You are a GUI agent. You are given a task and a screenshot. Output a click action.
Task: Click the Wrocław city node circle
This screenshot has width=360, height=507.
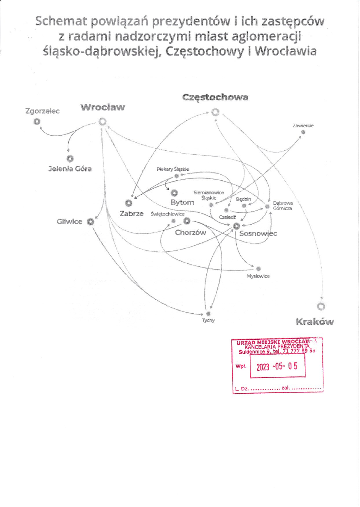point(103,121)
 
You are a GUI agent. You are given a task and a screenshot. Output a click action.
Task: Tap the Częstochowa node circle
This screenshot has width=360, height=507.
point(215,112)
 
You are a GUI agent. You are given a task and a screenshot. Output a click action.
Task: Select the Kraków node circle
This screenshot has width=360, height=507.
point(321,307)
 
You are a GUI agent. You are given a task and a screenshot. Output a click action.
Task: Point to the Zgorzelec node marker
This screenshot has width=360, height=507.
point(37,122)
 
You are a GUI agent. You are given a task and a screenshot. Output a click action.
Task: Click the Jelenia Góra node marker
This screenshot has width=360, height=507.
point(70,159)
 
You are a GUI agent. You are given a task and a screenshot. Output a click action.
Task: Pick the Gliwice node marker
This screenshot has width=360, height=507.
point(91,221)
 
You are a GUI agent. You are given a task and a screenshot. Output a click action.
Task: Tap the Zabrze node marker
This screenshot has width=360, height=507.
point(129,203)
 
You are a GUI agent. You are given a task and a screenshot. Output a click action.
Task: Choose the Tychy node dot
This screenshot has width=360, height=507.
point(208,313)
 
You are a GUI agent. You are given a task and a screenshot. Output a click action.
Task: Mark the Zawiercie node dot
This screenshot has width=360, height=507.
point(303,132)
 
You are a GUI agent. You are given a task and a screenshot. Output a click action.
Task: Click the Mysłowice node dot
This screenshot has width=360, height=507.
point(258,269)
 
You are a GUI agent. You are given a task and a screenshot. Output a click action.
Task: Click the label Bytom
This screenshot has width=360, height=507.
point(182,202)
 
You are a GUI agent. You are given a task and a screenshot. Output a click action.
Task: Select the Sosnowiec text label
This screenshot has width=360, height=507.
point(258,233)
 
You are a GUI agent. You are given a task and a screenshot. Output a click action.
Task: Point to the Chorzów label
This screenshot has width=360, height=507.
point(190,232)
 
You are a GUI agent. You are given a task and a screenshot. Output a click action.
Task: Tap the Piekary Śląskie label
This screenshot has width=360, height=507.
point(173,169)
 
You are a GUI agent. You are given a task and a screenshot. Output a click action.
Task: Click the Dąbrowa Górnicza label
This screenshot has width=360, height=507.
point(283,206)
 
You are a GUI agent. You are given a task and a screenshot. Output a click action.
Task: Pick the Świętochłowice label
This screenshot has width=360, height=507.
point(167,214)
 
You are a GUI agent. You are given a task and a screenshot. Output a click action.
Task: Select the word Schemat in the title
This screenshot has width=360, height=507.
point(61,21)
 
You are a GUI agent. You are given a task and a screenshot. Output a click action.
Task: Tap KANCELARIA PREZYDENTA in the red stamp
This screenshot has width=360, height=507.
point(277,346)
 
